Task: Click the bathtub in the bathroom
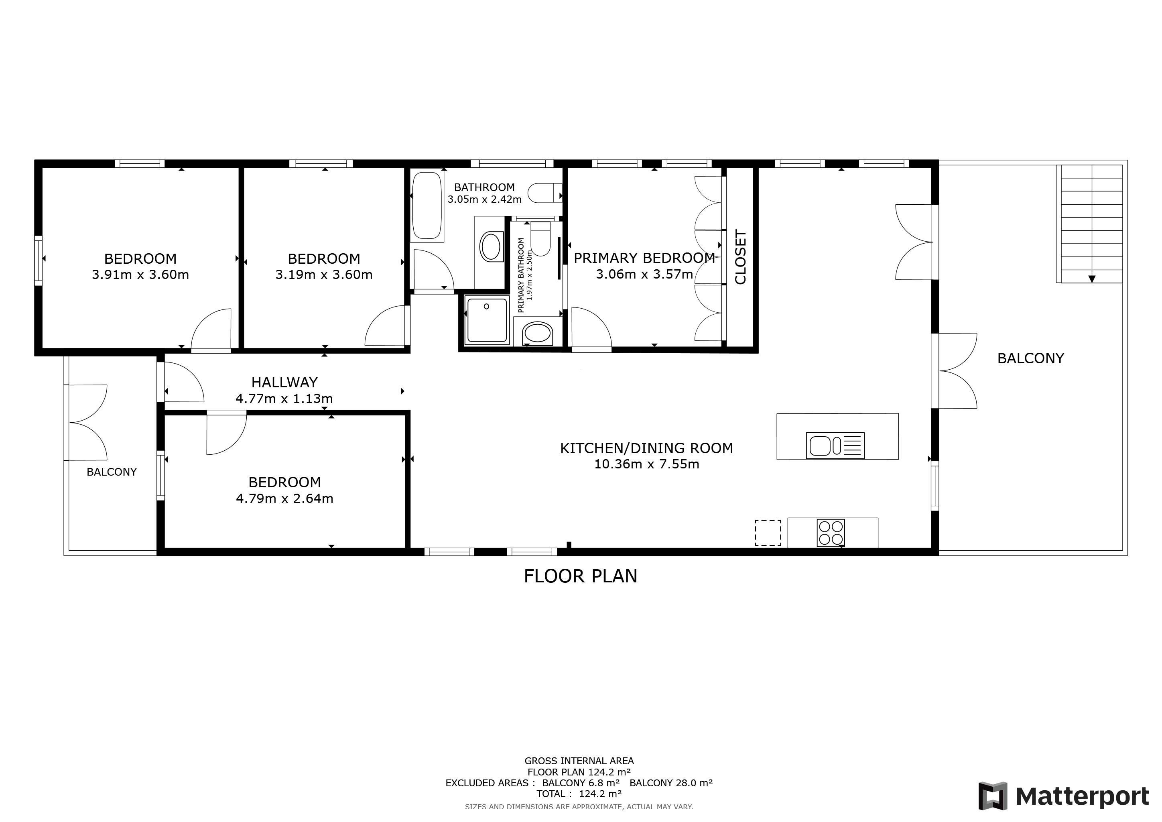click(428, 205)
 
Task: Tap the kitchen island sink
click(835, 446)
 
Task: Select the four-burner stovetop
click(831, 533)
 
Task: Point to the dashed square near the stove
click(768, 533)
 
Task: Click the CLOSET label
click(740, 257)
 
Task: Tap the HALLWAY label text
click(284, 382)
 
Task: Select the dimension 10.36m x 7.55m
click(646, 464)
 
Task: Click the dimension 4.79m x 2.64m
click(284, 498)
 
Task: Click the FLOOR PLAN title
click(581, 576)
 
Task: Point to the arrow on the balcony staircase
click(1092, 279)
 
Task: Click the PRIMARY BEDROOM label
click(644, 258)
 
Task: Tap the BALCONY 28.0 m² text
click(671, 783)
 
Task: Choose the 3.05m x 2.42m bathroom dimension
click(484, 199)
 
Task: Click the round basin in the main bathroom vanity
click(490, 247)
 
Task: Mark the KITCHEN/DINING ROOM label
click(646, 448)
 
